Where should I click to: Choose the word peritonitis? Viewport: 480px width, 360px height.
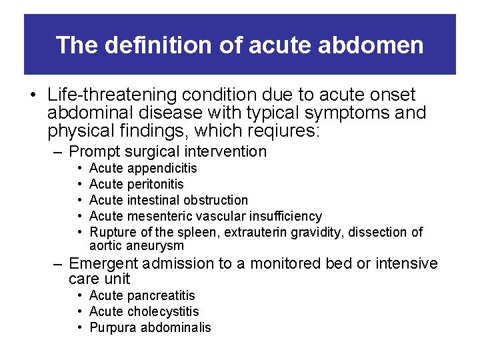pos(155,185)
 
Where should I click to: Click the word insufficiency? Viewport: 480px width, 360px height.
pos(285,217)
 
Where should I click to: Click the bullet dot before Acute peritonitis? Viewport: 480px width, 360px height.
pos(79,185)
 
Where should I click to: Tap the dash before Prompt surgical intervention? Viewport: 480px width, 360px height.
pos(59,152)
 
